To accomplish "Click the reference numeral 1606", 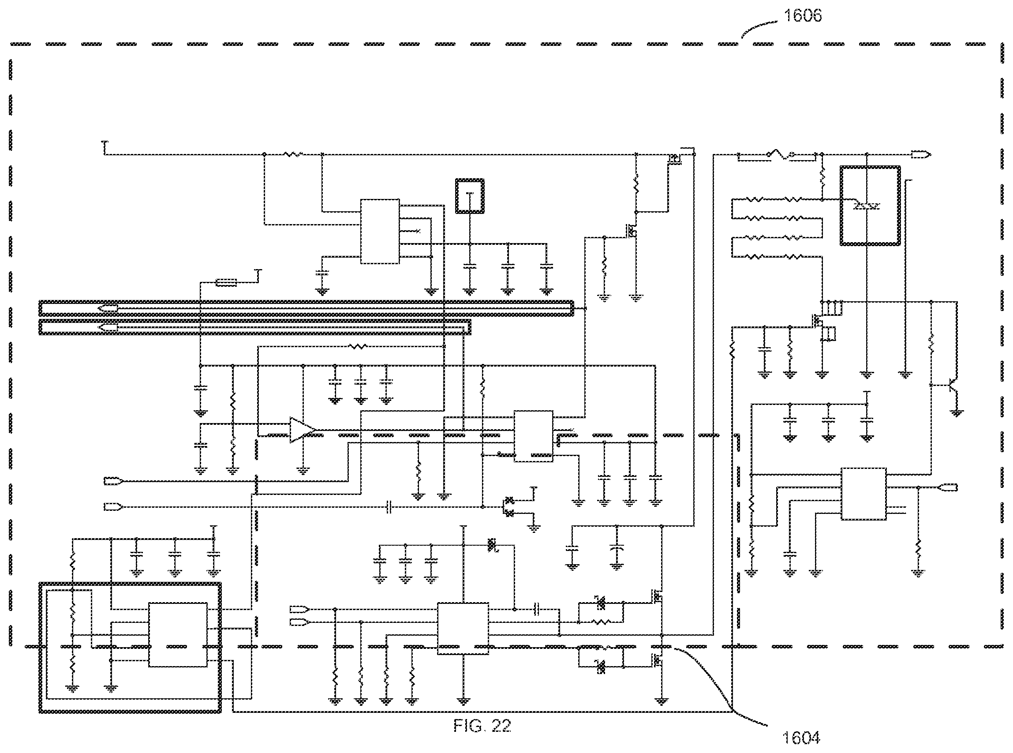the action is (x=803, y=15).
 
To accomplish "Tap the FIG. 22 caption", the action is (x=482, y=726).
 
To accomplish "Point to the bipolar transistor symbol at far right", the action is (x=952, y=385).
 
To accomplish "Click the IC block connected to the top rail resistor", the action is (x=380, y=231).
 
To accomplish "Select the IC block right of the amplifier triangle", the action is (x=533, y=436).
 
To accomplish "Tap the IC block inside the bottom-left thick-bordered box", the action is (x=178, y=635).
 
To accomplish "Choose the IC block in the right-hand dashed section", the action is (x=863, y=494).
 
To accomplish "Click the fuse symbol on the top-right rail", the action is (x=781, y=155).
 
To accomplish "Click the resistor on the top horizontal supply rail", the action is (x=292, y=154).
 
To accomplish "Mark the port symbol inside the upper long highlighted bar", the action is (x=108, y=308).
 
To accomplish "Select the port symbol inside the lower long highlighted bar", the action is (x=108, y=327).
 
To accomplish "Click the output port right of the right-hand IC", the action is (x=948, y=487).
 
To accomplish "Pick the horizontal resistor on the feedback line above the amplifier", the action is (x=358, y=346).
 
